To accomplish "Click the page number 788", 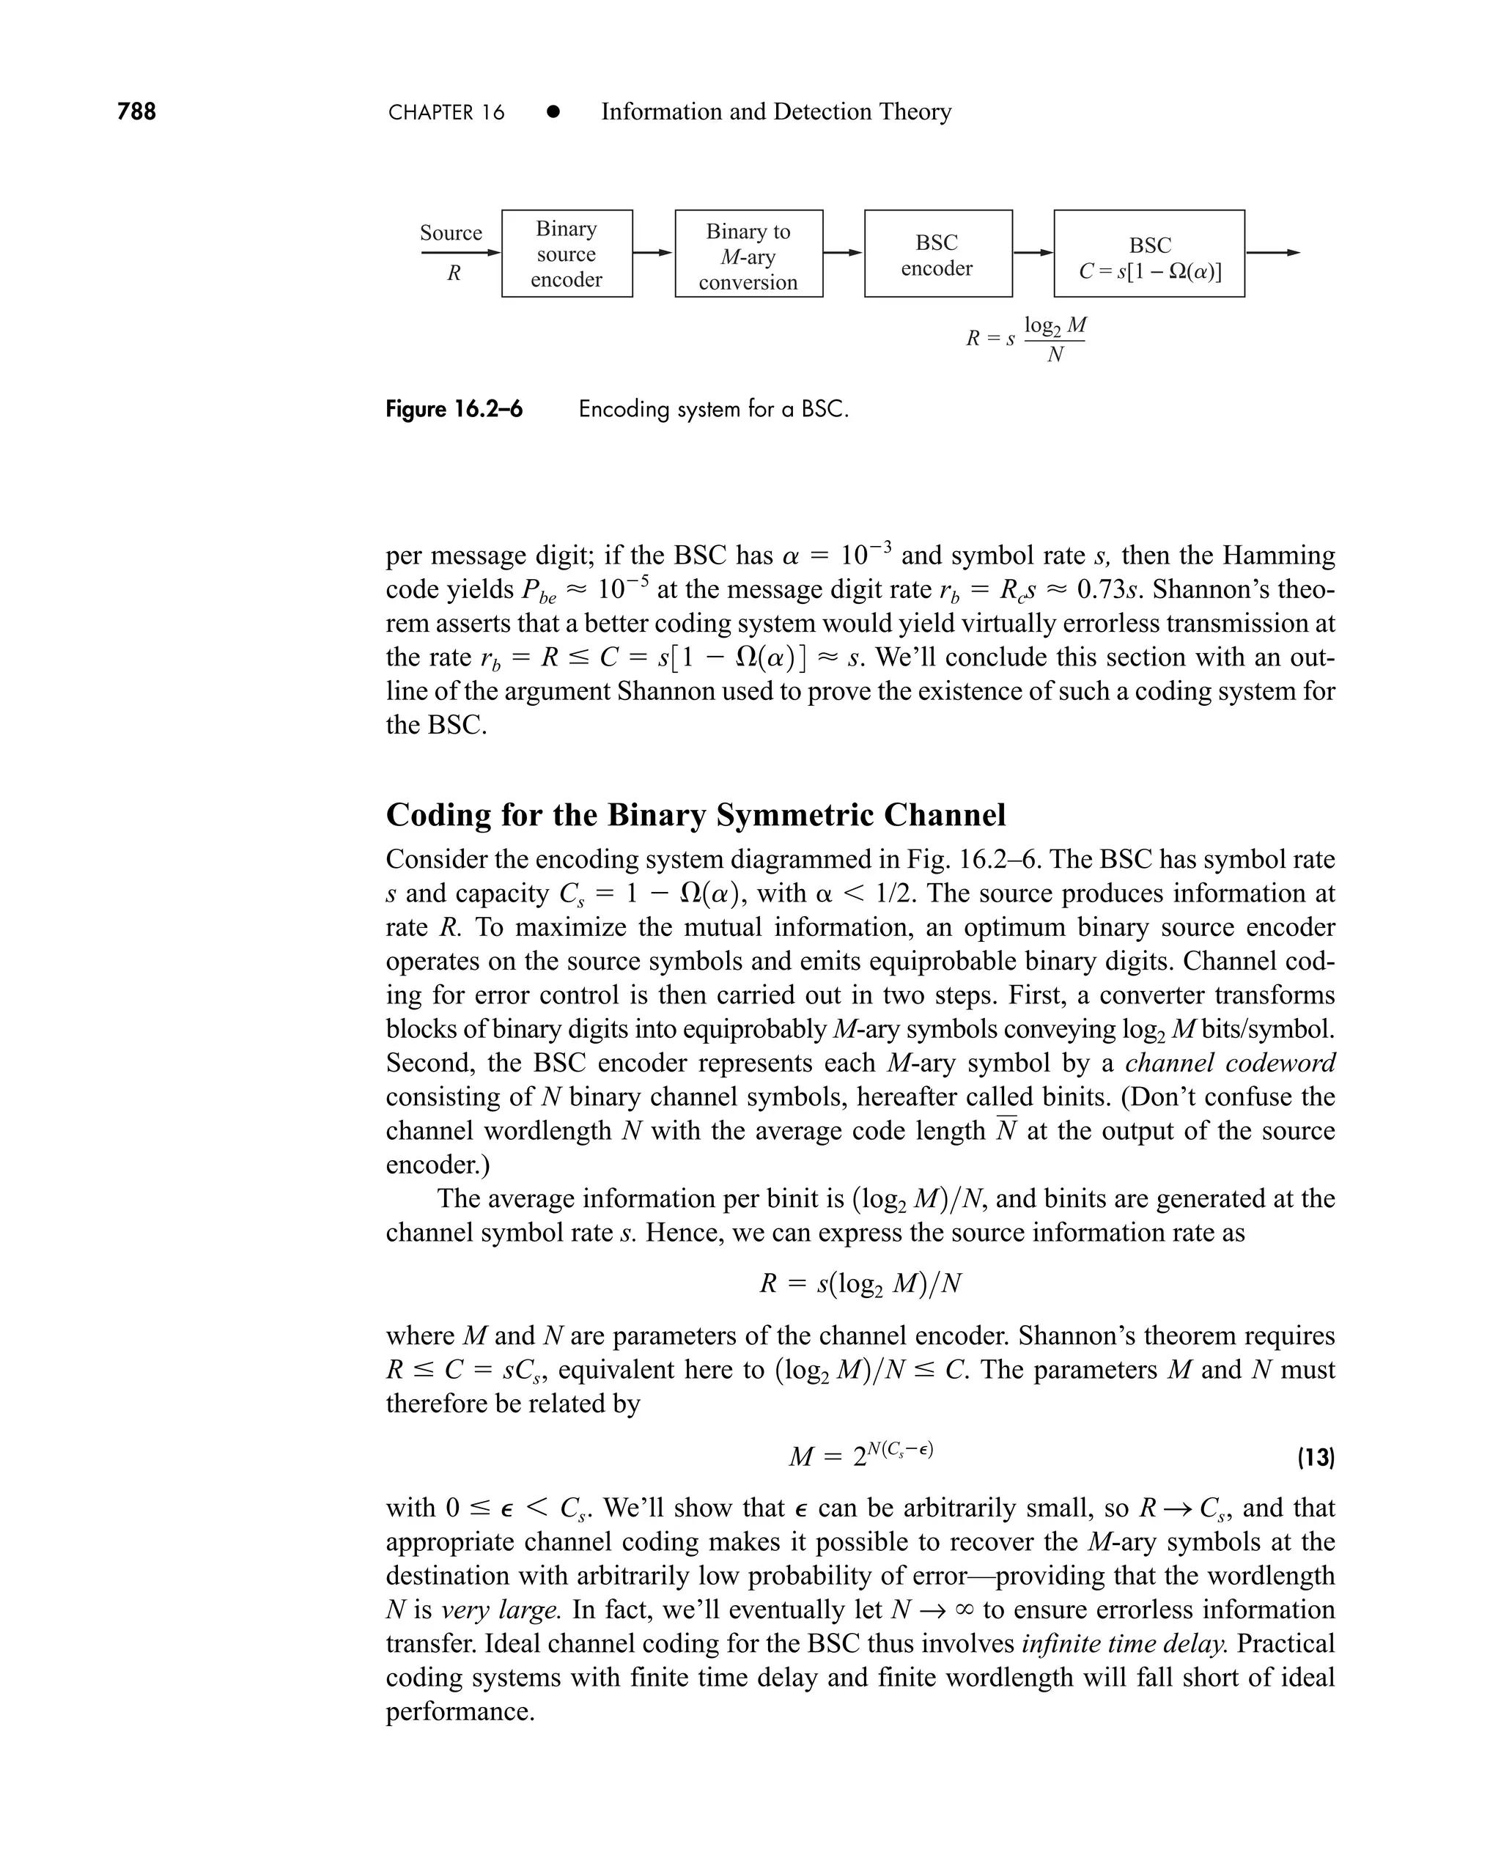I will pos(136,111).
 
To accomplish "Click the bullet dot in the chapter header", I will pos(553,112).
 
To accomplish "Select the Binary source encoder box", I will pos(567,254).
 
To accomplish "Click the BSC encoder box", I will pos(937,254).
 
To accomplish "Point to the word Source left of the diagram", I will pos(451,232).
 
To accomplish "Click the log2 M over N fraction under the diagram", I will pos(1055,339).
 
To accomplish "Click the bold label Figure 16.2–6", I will pos(454,409).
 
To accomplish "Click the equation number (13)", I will pos(1316,1459).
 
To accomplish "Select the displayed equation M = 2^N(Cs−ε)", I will pos(860,1455).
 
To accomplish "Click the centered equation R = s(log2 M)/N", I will pos(860,1284).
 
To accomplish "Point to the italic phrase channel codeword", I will pos(1230,1063).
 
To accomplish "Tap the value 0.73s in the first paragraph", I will pos(1106,589).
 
